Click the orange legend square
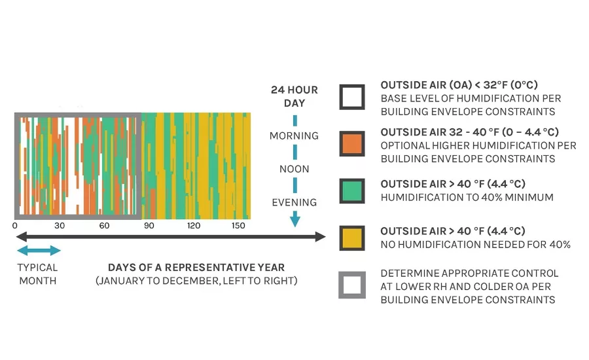tap(352, 143)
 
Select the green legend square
tap(352, 191)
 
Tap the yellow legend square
tap(352, 238)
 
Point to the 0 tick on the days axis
tap(14, 225)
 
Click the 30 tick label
tap(60, 225)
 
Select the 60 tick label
tap(104, 225)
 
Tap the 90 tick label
tap(149, 225)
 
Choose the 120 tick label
tap(194, 225)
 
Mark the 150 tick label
tap(238, 225)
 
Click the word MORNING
tap(294, 135)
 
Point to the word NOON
tap(294, 169)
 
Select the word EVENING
tap(294, 202)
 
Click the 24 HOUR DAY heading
tap(294, 96)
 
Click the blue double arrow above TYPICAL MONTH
tap(39, 251)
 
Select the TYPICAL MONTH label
tap(37, 274)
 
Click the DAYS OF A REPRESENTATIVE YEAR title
tap(196, 268)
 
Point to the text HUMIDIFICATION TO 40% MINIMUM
tap(467, 197)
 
